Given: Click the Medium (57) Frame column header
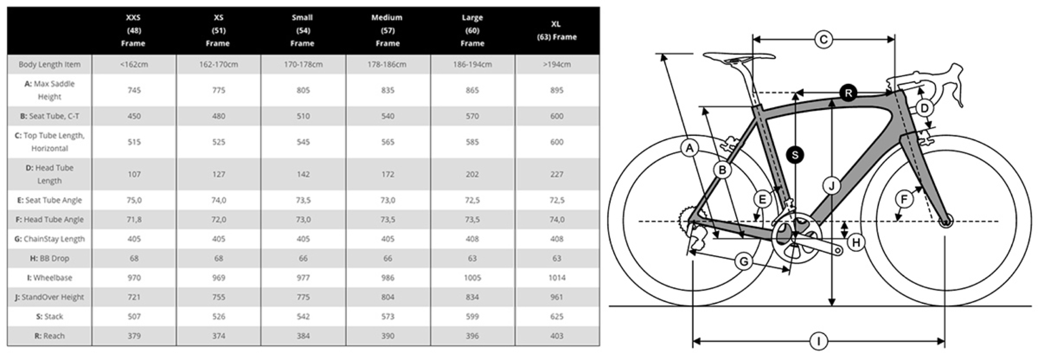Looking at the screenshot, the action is point(387,30).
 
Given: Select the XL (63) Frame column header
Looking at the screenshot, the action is point(556,30).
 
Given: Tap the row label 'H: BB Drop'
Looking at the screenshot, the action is point(49,258).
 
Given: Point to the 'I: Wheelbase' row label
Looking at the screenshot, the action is point(49,278).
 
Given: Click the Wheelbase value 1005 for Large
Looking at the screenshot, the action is point(472,278).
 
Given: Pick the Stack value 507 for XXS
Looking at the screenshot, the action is point(134,316).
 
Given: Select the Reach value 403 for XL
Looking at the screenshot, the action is point(556,336).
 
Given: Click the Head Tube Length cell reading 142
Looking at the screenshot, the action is point(303,174).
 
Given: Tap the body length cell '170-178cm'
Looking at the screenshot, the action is point(303,65).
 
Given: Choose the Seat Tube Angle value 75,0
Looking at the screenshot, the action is point(134,200).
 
